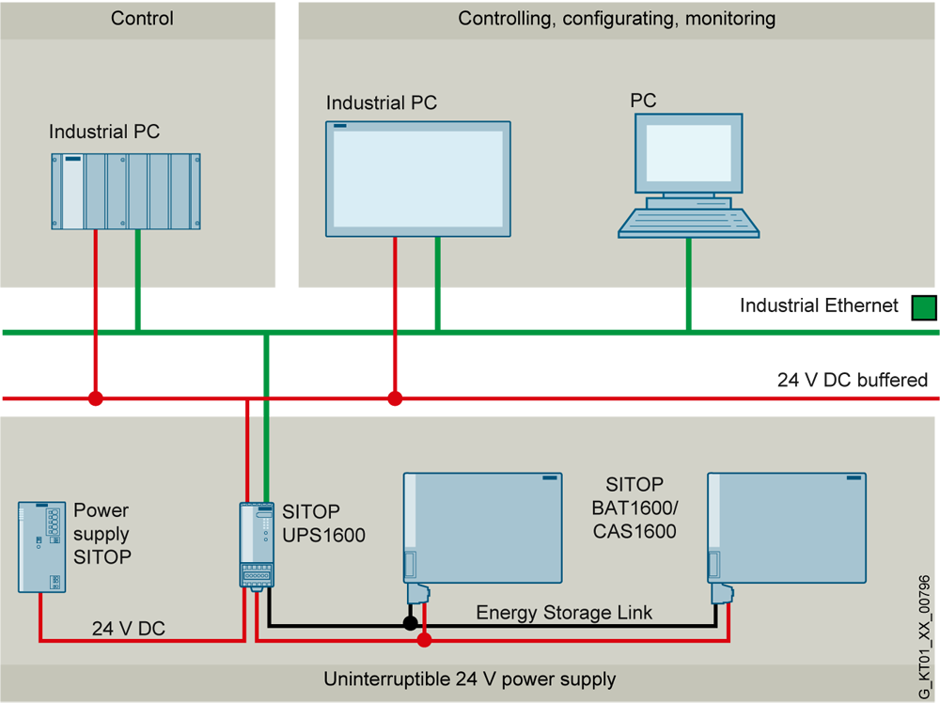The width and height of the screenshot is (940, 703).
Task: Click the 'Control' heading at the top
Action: coord(142,18)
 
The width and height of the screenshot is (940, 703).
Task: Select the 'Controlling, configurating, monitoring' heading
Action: coord(617,18)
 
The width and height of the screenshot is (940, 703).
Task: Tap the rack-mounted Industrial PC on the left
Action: coord(125,191)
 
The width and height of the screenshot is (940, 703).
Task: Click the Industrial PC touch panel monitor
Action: coord(418,179)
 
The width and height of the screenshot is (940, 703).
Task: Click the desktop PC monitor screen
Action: coord(693,154)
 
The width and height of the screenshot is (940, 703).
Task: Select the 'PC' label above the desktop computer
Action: coord(643,101)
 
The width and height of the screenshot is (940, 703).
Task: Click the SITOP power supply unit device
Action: coord(41,546)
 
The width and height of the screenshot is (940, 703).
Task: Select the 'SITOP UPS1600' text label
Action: coord(323,523)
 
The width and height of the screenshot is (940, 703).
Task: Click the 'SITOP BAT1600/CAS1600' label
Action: coord(634,508)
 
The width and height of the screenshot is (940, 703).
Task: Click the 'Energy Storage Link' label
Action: coord(564,613)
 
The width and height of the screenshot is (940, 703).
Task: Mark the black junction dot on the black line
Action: coord(410,622)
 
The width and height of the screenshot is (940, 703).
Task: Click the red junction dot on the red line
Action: coord(425,640)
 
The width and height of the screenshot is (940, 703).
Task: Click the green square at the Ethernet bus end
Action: coord(924,307)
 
